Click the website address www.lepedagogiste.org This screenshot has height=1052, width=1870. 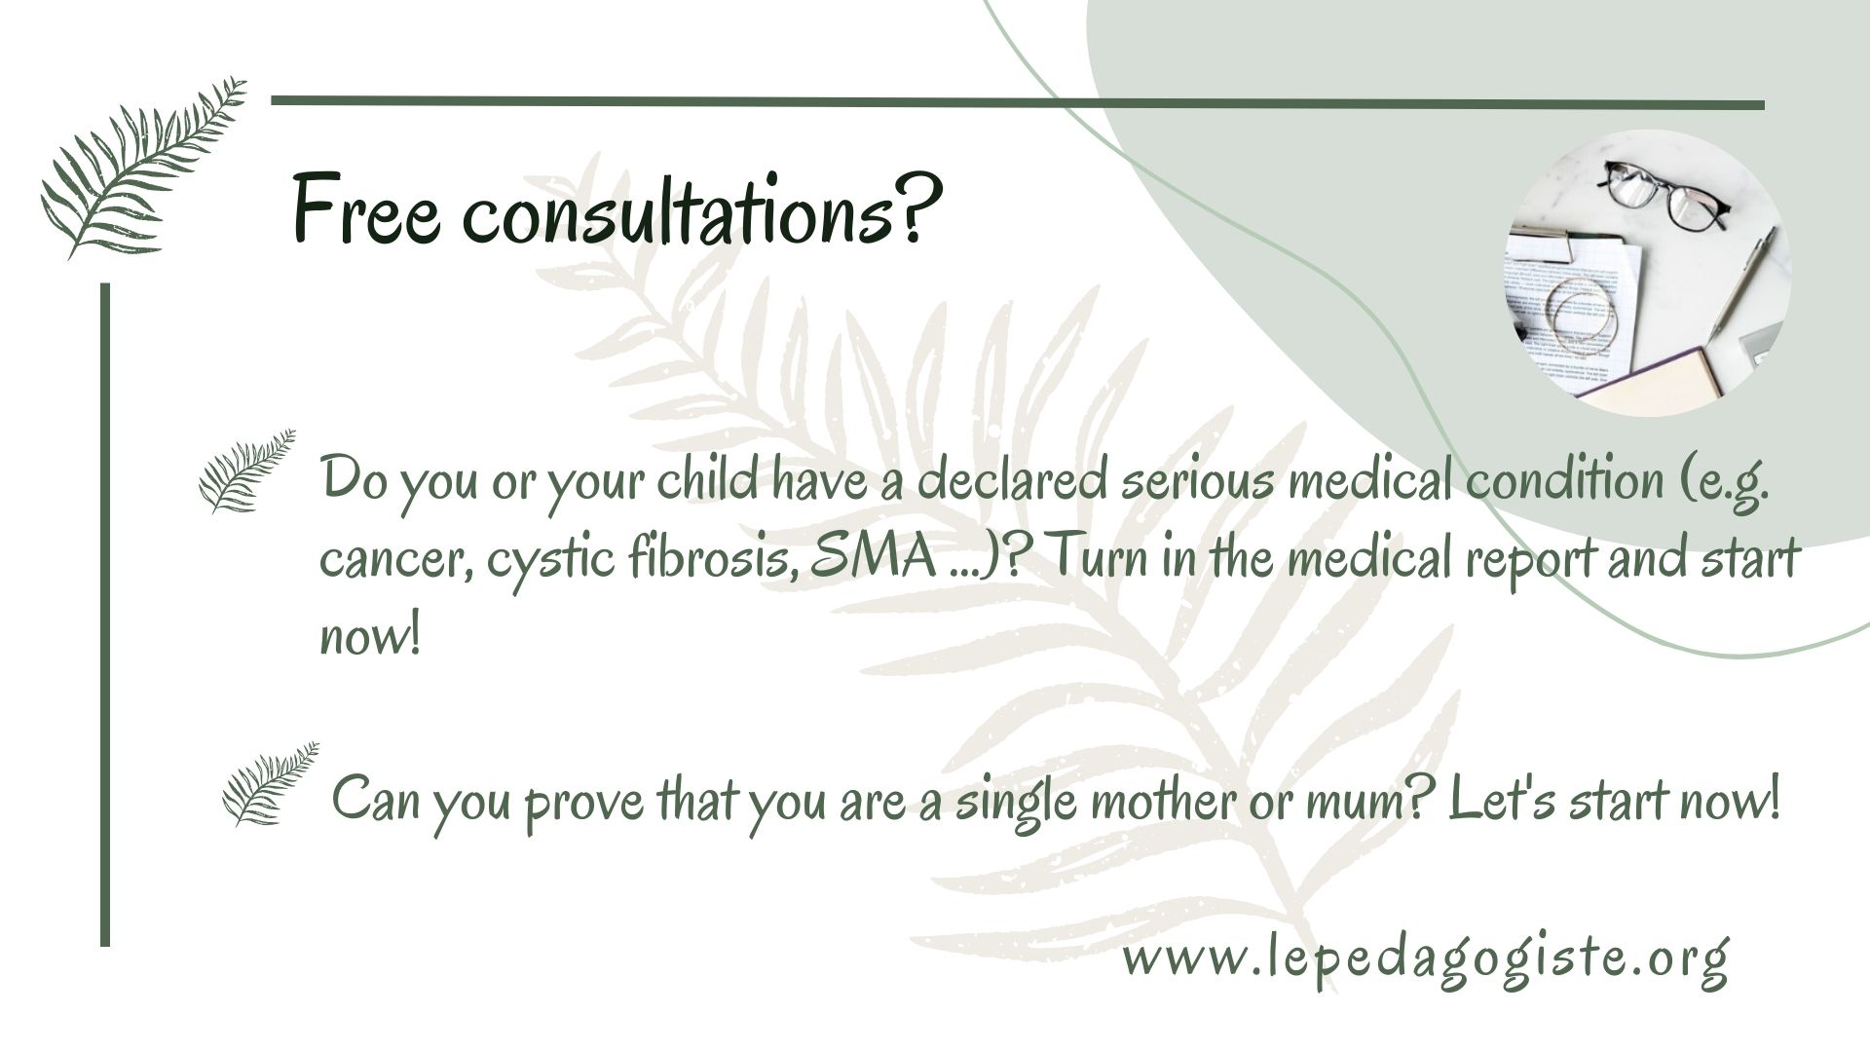[x=1426, y=960]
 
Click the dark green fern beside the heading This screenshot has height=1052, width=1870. [x=142, y=169]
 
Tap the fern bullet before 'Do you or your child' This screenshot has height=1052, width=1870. [x=246, y=470]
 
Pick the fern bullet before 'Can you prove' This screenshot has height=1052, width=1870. [x=270, y=784]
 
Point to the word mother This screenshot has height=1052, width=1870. [x=1171, y=801]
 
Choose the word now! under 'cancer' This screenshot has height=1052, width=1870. [x=370, y=638]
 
